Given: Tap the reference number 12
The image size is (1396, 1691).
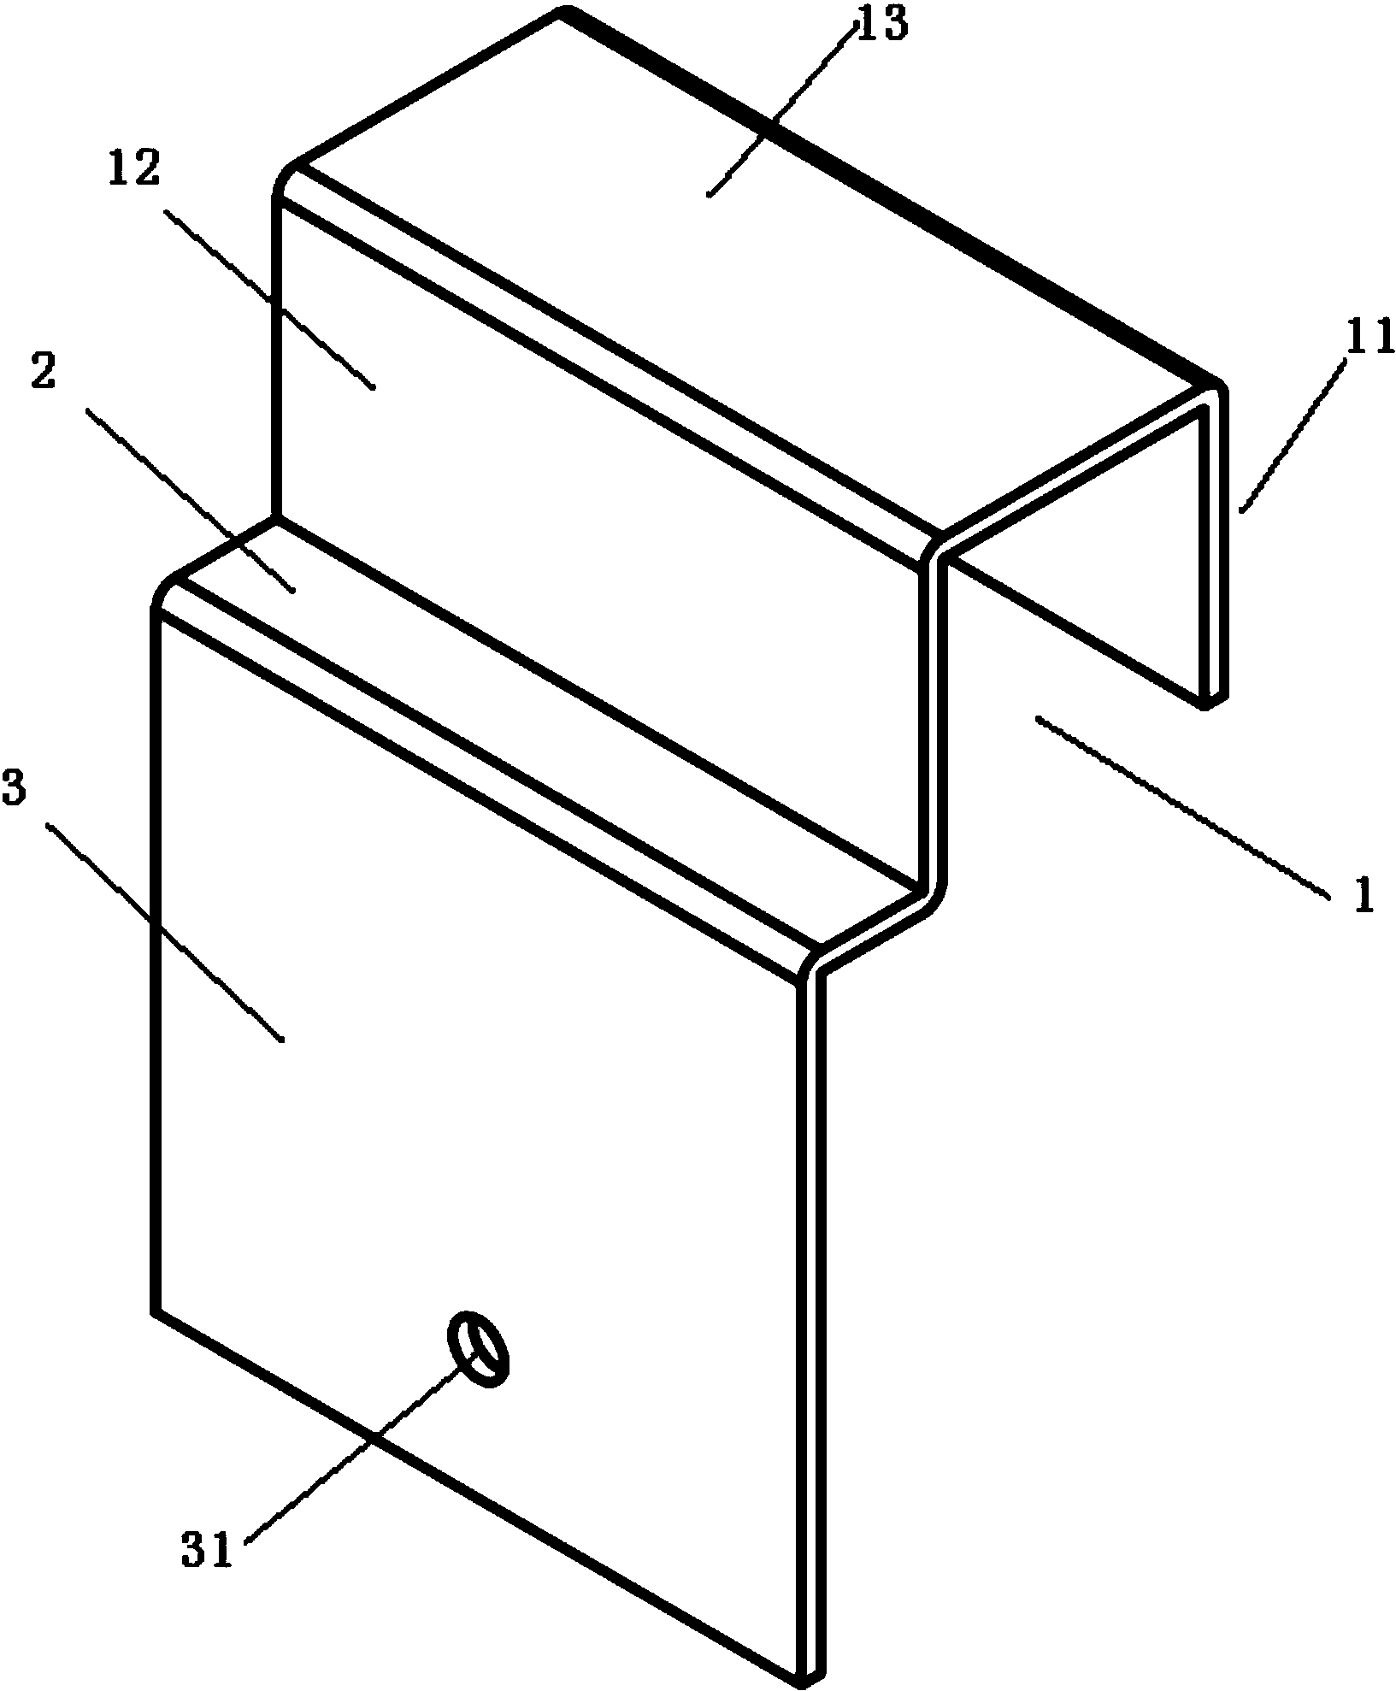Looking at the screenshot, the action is tap(135, 170).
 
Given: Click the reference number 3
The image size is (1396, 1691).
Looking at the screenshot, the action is tap(15, 792).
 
